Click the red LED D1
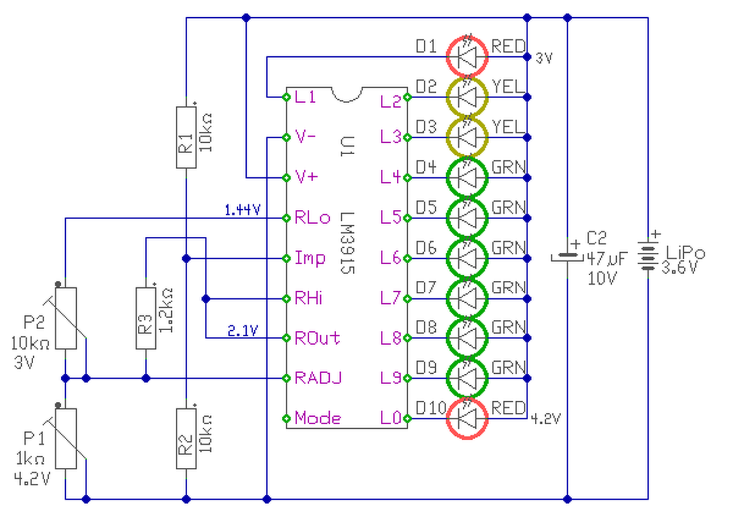pyautogui.click(x=467, y=57)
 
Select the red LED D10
pyautogui.click(x=467, y=419)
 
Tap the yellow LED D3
pyautogui.click(x=467, y=138)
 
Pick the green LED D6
pyautogui.click(x=467, y=259)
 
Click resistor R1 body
pyautogui.click(x=186, y=137)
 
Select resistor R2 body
pyautogui.click(x=186, y=439)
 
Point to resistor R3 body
pyautogui.click(x=146, y=318)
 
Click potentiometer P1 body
pyautogui.click(x=66, y=439)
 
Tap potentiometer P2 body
pyautogui.click(x=66, y=318)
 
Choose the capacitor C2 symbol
pyautogui.click(x=568, y=257)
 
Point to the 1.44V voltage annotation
pyautogui.click(x=242, y=210)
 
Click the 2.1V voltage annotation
pyautogui.click(x=242, y=331)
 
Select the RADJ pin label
pyautogui.click(x=318, y=378)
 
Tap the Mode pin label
pyautogui.click(x=318, y=419)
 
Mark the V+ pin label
pyautogui.click(x=306, y=177)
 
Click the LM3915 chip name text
pyautogui.click(x=347, y=243)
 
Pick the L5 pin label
pyautogui.click(x=391, y=217)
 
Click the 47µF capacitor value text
pyautogui.click(x=608, y=259)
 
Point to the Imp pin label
pyautogui.click(x=310, y=258)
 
